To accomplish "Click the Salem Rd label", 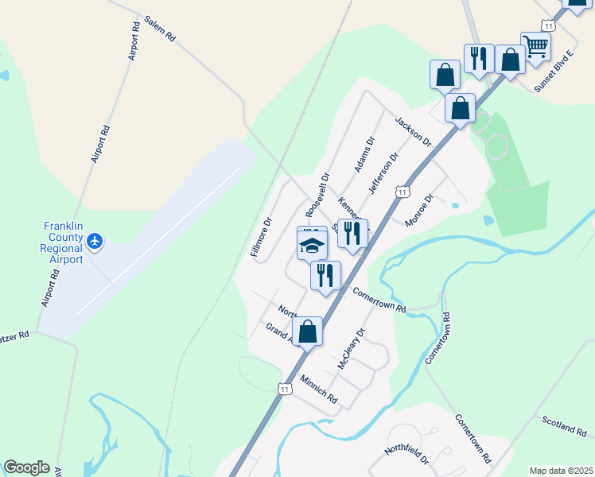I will [x=160, y=29].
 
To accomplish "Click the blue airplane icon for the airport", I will [x=95, y=240].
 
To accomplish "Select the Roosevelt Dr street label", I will [x=317, y=196].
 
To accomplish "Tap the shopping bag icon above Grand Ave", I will [x=308, y=332].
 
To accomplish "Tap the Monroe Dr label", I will [x=418, y=210].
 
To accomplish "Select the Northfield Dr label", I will [x=406, y=455].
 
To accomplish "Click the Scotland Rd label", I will [x=565, y=428].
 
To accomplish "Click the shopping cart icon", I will [x=535, y=47].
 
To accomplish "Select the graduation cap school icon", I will [x=313, y=246].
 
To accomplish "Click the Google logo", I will [x=26, y=467].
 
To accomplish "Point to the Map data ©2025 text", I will [x=561, y=471].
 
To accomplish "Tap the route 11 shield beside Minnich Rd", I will [x=284, y=387].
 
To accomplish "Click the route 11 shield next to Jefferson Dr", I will [x=402, y=192].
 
